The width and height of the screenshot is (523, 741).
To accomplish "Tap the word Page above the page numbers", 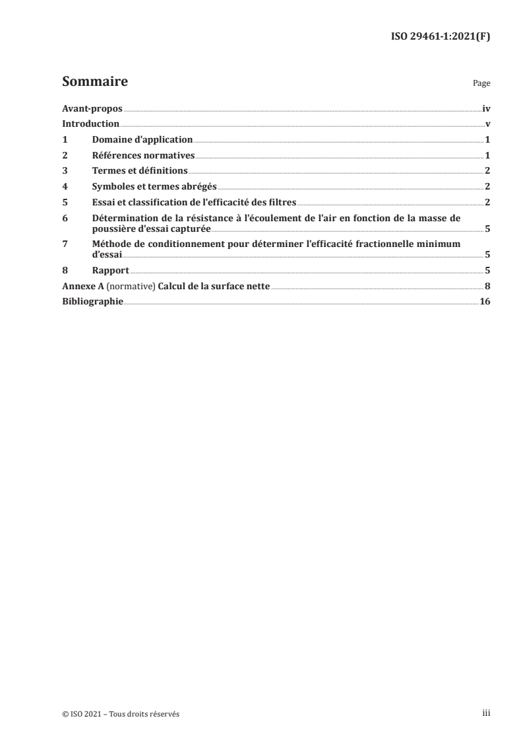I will coord(481,85).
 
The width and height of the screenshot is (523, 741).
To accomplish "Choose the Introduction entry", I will coord(90,123).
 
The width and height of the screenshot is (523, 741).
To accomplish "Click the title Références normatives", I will coord(144,155).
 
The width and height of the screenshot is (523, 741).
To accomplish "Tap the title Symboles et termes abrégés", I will coord(155,187).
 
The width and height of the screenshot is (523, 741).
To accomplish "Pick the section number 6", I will coord(65,219).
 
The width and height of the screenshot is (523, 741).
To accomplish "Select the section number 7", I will coord(65,244).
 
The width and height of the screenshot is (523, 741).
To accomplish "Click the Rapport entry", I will coord(111,270).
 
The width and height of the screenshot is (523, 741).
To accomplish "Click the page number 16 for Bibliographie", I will coord(485,302).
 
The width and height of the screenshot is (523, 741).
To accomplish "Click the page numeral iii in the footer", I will coord(486,713).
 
